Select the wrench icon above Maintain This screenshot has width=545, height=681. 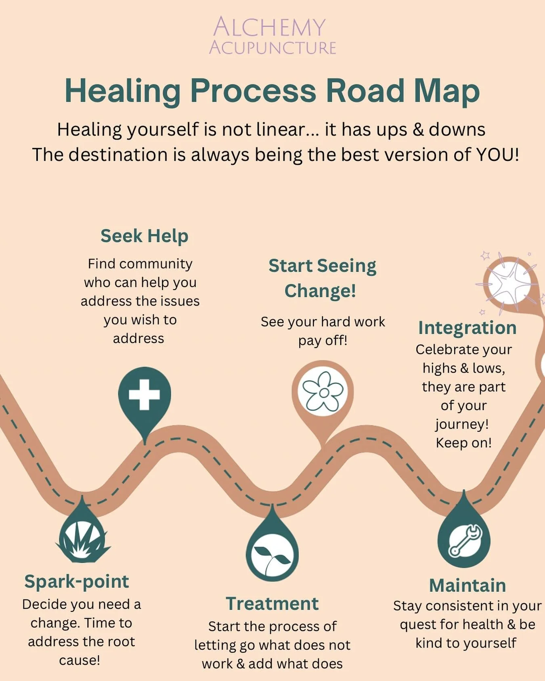464,541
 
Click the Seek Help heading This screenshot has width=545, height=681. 144,236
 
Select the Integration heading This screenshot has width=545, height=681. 467,327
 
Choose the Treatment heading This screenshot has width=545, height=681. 272,604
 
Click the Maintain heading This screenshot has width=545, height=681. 467,585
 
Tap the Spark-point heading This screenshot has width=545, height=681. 77,582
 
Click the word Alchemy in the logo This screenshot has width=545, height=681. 269,27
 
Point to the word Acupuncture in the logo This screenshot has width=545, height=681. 272,48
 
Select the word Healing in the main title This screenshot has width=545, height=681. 123,91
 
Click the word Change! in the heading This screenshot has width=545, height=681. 320,291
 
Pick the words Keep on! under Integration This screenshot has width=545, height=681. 463,443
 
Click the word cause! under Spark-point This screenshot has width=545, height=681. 80,660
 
